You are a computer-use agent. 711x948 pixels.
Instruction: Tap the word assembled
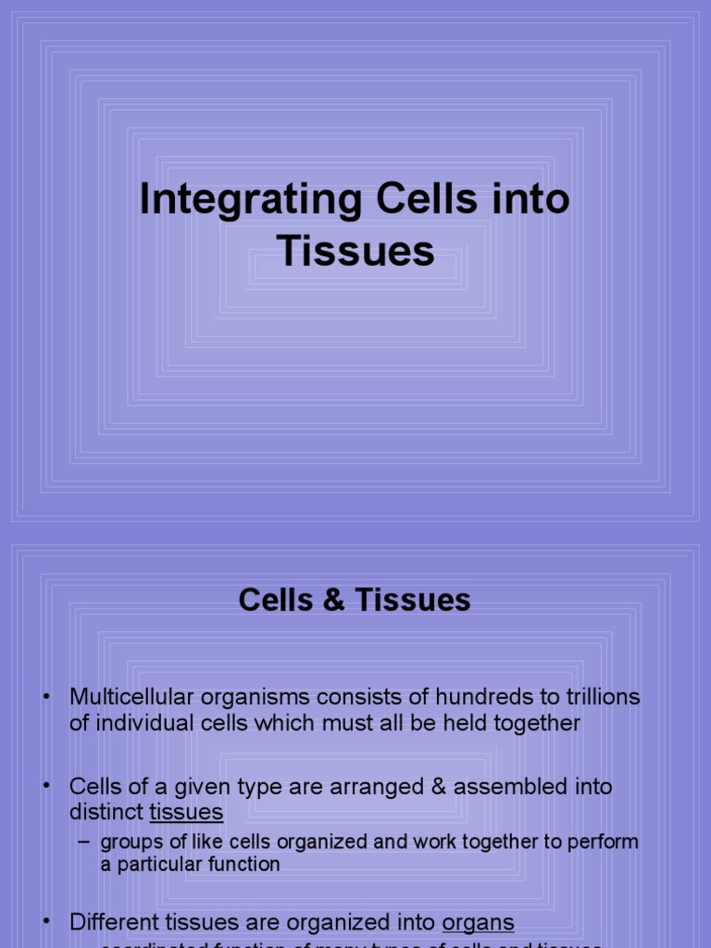[x=505, y=787]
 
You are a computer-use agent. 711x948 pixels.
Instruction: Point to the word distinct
[x=106, y=813]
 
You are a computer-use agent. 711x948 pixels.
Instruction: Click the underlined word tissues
[x=186, y=813]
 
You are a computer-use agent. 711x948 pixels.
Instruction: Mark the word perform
[x=606, y=842]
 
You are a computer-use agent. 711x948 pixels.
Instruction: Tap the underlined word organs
[x=478, y=923]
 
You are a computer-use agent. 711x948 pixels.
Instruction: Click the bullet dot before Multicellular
[x=45, y=697]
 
